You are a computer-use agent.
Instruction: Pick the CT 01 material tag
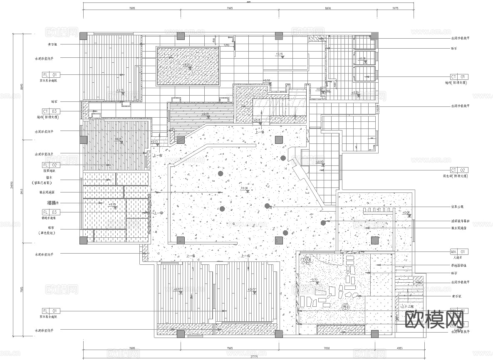click(x=459, y=77)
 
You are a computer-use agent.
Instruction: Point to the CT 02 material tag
click(x=459, y=170)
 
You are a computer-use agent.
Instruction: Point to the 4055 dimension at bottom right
click(x=399, y=348)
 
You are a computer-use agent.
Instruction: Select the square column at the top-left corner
click(x=84, y=36)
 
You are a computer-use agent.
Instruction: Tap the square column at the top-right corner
click(x=374, y=36)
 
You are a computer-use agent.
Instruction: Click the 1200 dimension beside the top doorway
click(x=227, y=45)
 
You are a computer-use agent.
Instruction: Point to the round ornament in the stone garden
click(x=345, y=307)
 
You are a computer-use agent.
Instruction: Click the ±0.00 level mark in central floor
click(x=244, y=188)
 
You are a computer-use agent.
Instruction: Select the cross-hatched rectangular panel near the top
click(x=188, y=66)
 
